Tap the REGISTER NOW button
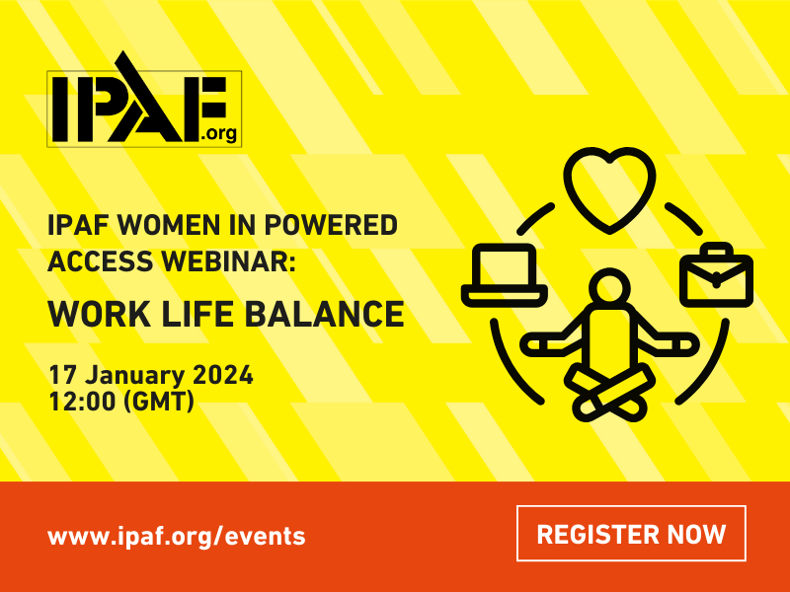[631, 534]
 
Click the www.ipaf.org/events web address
[176, 536]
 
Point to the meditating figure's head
[609, 292]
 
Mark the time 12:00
[82, 402]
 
